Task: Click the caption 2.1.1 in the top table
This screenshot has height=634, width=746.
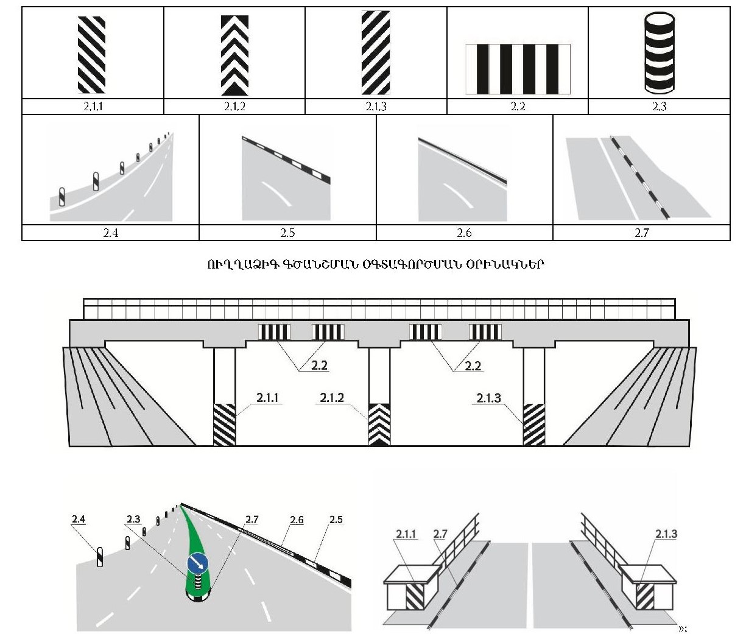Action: pos(93,107)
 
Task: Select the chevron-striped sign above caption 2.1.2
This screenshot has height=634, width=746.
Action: pos(234,55)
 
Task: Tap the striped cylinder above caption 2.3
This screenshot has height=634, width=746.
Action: pos(660,54)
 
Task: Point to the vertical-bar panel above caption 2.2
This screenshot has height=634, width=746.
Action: pos(518,68)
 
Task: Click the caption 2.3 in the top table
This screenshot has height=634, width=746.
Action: pos(659,107)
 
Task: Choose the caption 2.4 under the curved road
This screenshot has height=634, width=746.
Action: pos(110,233)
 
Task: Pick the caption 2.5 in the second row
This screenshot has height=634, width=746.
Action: pos(287,233)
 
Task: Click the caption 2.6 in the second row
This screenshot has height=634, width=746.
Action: pos(464,233)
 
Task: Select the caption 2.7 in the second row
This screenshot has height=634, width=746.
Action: pos(641,233)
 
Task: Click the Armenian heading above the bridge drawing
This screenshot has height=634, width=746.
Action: pos(375,264)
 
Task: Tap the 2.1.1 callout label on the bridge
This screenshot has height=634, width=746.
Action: pos(268,398)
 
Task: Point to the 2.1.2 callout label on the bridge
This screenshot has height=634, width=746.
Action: pos(332,398)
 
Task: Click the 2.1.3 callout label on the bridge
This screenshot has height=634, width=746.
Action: pos(488,398)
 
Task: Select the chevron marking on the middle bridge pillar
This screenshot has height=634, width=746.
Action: pos(379,424)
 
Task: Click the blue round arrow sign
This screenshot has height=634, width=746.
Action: pos(198,564)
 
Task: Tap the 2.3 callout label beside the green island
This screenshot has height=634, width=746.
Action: pos(133,520)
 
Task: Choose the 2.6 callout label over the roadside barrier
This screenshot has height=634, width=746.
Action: pos(297,520)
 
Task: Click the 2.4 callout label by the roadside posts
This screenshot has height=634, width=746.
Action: pos(78,520)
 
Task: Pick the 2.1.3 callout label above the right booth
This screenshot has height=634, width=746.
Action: pos(666,534)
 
